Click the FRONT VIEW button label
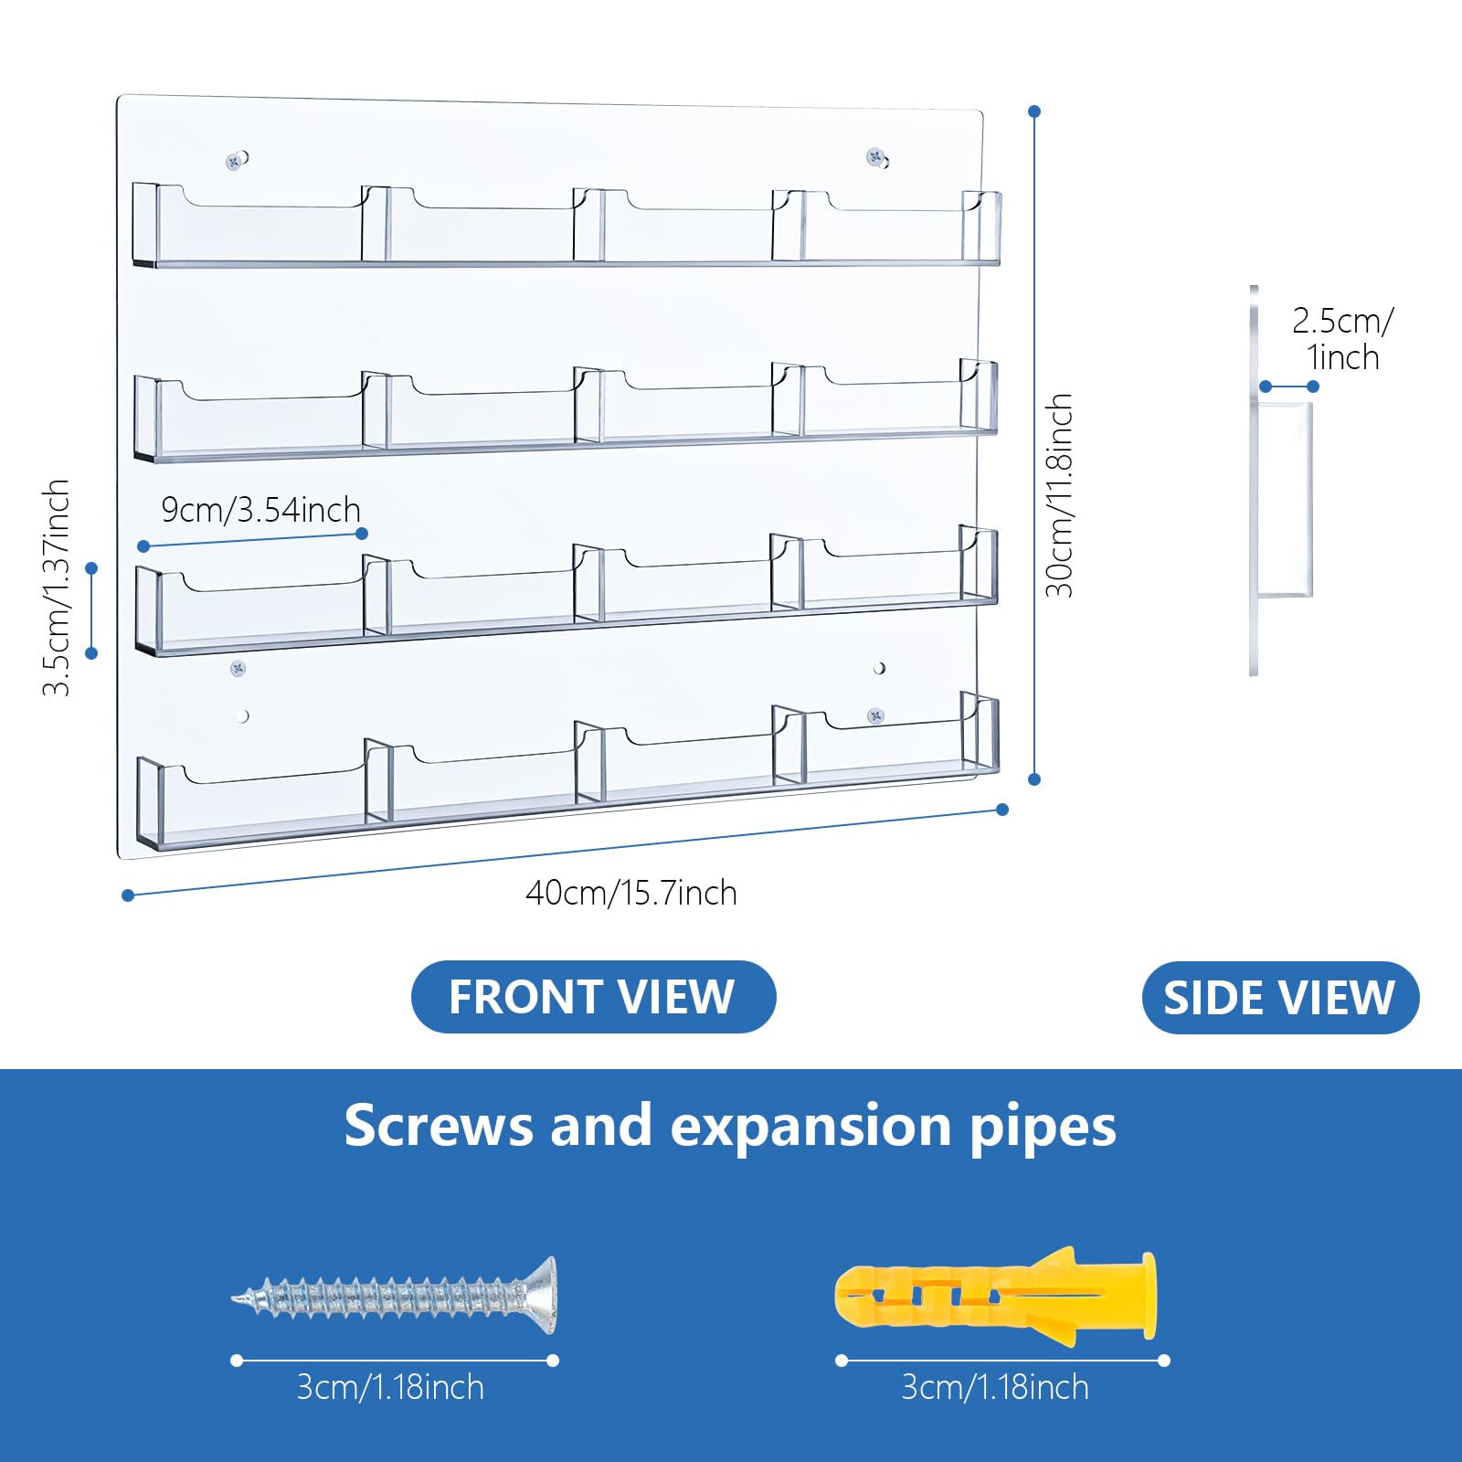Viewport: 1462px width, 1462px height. pyautogui.click(x=592, y=997)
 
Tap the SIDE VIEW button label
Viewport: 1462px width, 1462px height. pyautogui.click(x=1279, y=998)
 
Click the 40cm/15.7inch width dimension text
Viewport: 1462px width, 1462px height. pyautogui.click(x=631, y=893)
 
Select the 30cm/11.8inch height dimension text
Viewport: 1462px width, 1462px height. pyautogui.click(x=1059, y=496)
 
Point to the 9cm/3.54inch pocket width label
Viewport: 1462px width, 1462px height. pyautogui.click(x=261, y=510)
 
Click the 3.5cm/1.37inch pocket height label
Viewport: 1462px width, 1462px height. pyautogui.click(x=57, y=588)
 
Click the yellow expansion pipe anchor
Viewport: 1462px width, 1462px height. pyautogui.click(x=996, y=1296)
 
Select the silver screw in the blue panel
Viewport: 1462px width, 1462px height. pyautogui.click(x=395, y=1296)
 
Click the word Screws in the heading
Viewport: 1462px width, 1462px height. pyautogui.click(x=439, y=1126)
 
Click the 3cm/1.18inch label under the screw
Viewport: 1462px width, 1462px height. pyautogui.click(x=390, y=1387)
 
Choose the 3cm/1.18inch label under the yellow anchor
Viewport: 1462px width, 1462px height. pyautogui.click(x=995, y=1387)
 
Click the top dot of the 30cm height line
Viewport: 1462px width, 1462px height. pyautogui.click(x=1034, y=111)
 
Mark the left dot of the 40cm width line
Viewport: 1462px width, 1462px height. pyautogui.click(x=128, y=895)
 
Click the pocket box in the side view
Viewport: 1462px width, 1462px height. pyautogui.click(x=1286, y=500)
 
